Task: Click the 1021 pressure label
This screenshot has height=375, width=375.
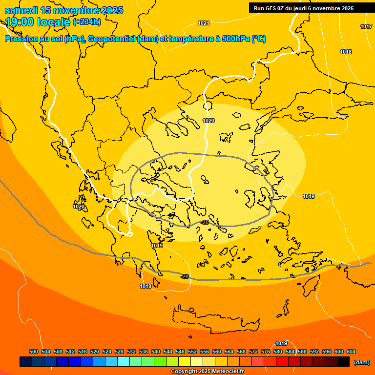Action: click(204, 23)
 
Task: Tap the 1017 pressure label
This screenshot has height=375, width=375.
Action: click(366, 26)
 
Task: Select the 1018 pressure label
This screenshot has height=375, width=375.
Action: click(346, 52)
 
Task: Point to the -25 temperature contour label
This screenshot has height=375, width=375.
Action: click(205, 222)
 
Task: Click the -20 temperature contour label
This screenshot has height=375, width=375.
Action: click(185, 276)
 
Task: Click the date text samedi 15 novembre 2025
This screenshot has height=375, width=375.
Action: click(63, 10)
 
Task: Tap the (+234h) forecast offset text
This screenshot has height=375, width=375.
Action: click(87, 21)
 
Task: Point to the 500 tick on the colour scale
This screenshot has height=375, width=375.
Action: click(34, 352)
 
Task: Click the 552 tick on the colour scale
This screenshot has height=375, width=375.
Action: click(192, 352)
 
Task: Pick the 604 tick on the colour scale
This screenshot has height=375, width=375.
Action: click(351, 352)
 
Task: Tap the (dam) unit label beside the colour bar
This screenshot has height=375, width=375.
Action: click(361, 362)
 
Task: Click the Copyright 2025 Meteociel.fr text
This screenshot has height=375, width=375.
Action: click(207, 372)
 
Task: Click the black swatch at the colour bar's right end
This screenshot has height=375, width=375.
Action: click(343, 362)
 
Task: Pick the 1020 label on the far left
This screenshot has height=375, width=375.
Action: click(79, 207)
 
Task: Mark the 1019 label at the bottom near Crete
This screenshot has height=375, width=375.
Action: click(281, 343)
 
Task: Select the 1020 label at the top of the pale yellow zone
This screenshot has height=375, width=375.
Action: click(208, 121)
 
